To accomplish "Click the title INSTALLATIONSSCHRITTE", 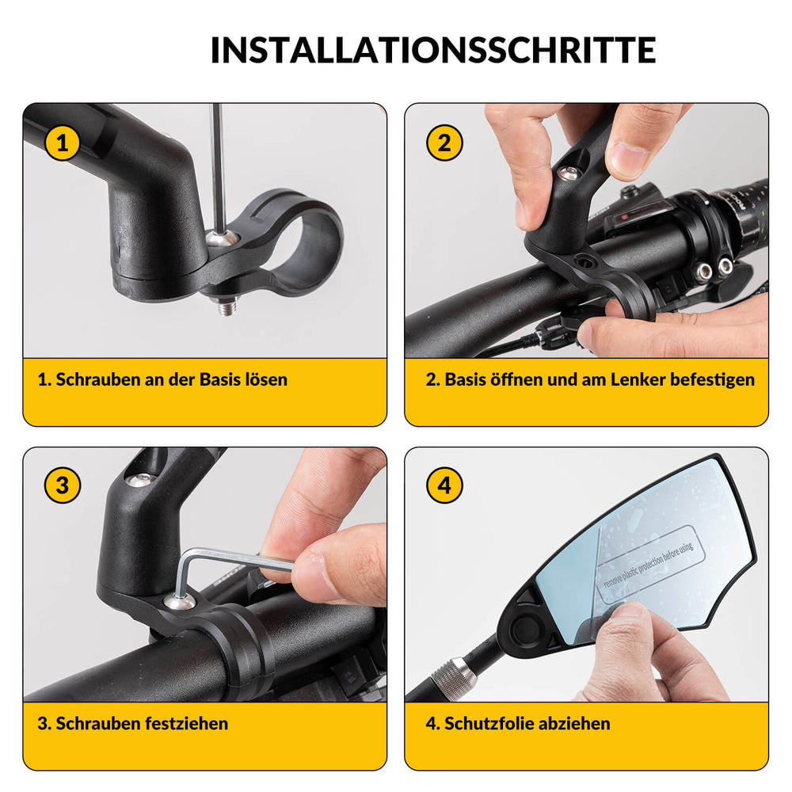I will pos(432,50).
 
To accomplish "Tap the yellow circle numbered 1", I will pos(63,143).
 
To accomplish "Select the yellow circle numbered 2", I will pos(444,143).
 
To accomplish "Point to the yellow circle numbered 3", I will pos(63,485).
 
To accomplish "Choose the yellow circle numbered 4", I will pos(444,485).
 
